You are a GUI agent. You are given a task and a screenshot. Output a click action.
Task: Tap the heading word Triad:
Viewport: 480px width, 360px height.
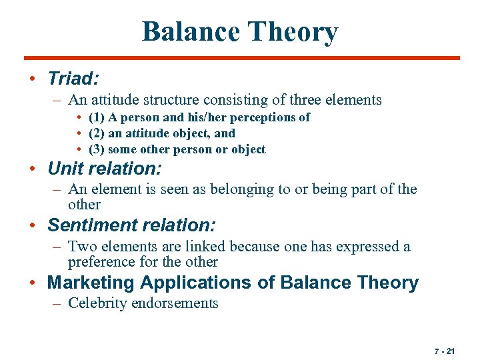(x=73, y=79)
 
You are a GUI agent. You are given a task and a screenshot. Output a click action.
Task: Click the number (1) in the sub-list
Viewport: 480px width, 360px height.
(x=97, y=117)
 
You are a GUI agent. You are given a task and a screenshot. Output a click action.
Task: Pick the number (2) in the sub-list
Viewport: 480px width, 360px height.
(x=97, y=133)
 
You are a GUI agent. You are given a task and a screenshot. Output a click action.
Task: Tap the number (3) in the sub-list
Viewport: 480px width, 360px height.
(x=97, y=149)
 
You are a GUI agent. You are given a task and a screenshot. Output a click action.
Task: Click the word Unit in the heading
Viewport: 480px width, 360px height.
(x=64, y=168)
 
